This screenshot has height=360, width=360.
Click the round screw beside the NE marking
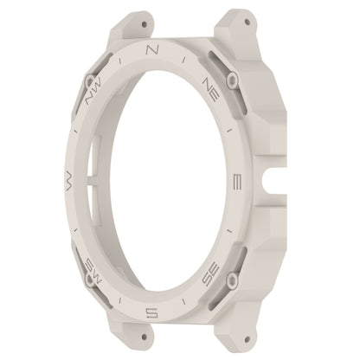click(232, 80)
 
